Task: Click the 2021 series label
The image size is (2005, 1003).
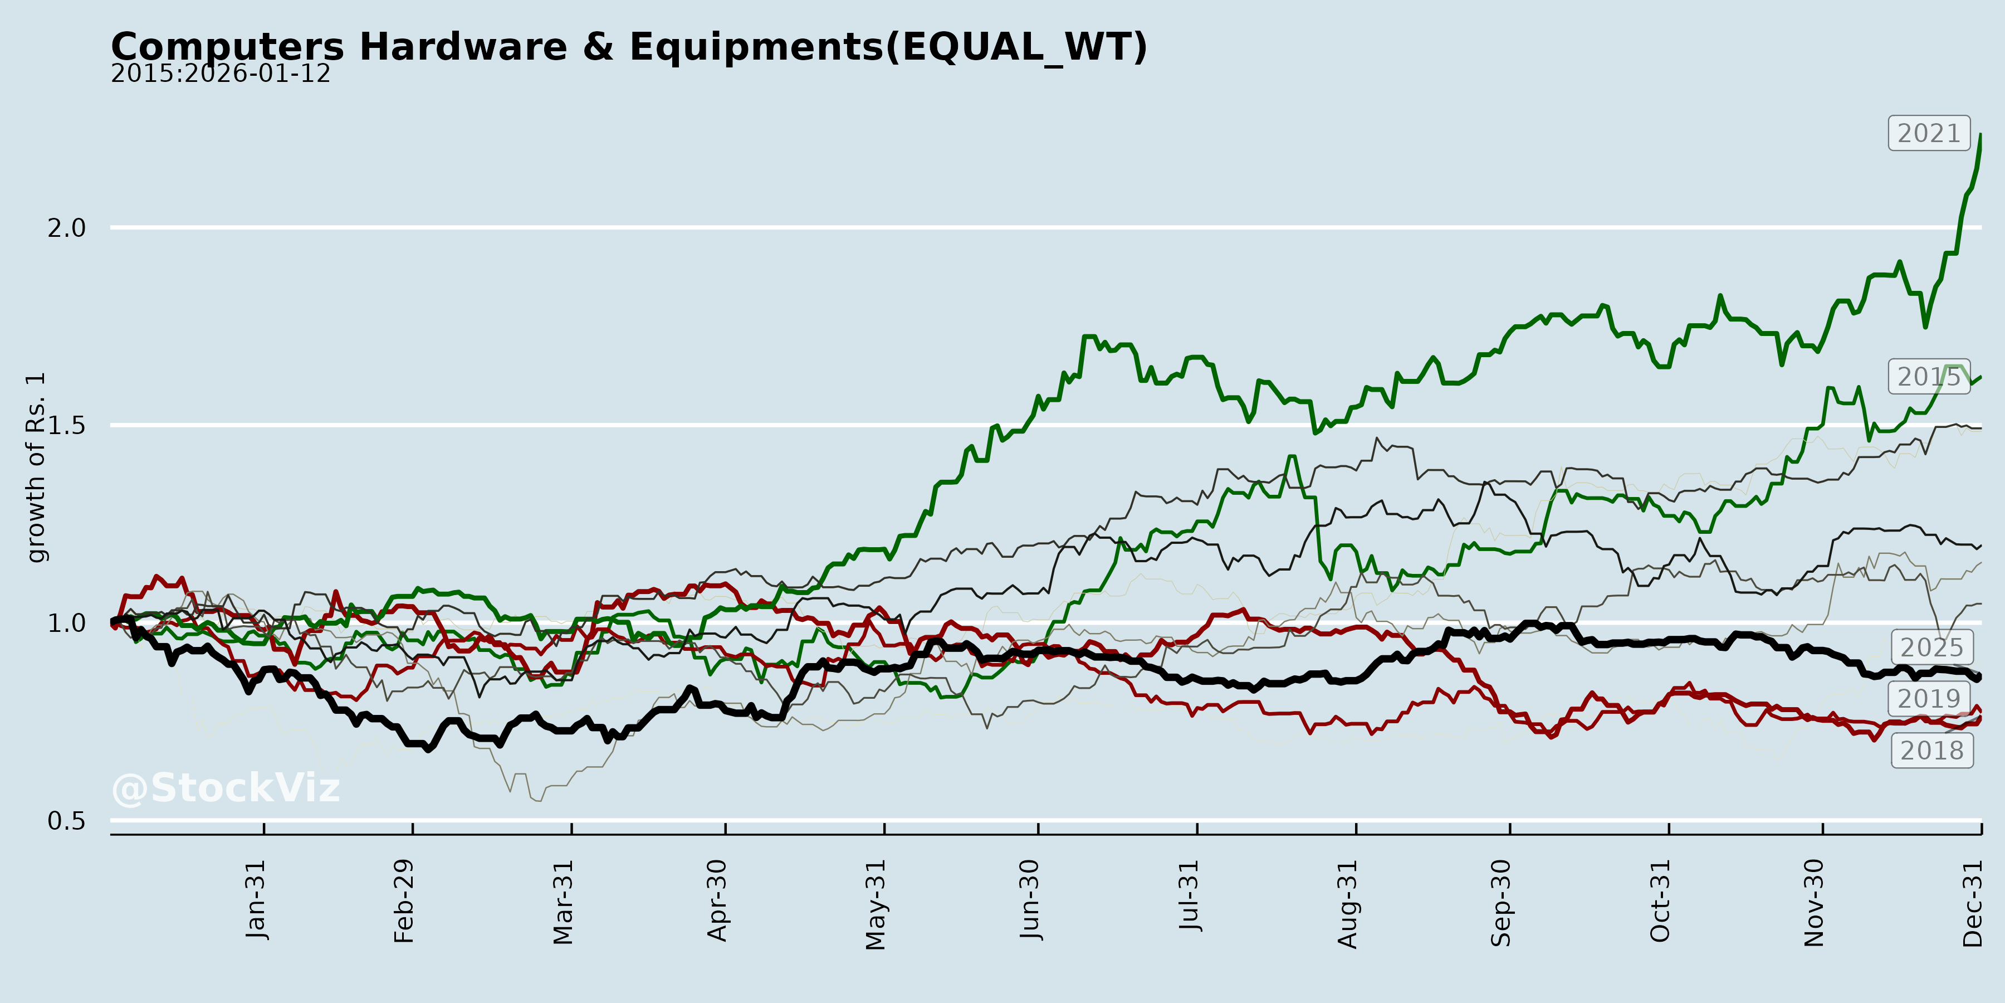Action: pyautogui.click(x=1929, y=133)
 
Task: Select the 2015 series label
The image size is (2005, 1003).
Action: pyautogui.click(x=1929, y=377)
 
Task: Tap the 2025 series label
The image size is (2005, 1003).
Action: pyautogui.click(x=1932, y=647)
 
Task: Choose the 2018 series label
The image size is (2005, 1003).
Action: pyautogui.click(x=1932, y=750)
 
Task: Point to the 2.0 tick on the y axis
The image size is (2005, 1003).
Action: pyautogui.click(x=66, y=228)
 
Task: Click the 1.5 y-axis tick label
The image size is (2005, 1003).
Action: pyautogui.click(x=66, y=425)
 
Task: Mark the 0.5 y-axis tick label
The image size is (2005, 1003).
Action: pyautogui.click(x=66, y=821)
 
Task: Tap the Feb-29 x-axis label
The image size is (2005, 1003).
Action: pyautogui.click(x=404, y=902)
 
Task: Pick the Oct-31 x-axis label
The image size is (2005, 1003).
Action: pyautogui.click(x=1660, y=901)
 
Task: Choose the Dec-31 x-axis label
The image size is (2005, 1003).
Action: pyautogui.click(x=1972, y=903)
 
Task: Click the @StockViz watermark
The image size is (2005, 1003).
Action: pyautogui.click(x=226, y=788)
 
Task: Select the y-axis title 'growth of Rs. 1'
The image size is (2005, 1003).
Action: pyautogui.click(x=36, y=468)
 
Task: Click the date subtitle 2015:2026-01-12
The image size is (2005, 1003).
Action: pyautogui.click(x=220, y=74)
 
